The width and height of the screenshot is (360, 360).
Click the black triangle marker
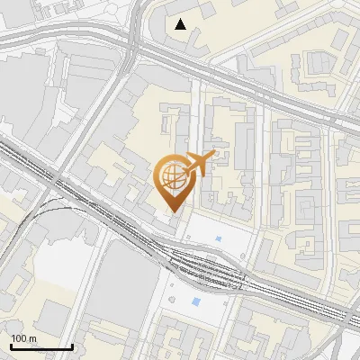(182, 24)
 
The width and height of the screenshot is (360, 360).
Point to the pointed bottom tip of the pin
(172, 211)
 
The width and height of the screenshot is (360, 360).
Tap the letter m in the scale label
(33, 338)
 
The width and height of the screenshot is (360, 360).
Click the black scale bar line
(40, 346)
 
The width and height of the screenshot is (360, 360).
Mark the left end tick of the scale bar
(10, 345)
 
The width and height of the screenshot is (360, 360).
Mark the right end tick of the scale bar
(72, 345)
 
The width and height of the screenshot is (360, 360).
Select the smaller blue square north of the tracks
(219, 238)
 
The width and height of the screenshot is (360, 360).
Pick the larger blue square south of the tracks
(197, 301)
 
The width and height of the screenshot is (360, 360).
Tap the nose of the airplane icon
(213, 155)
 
